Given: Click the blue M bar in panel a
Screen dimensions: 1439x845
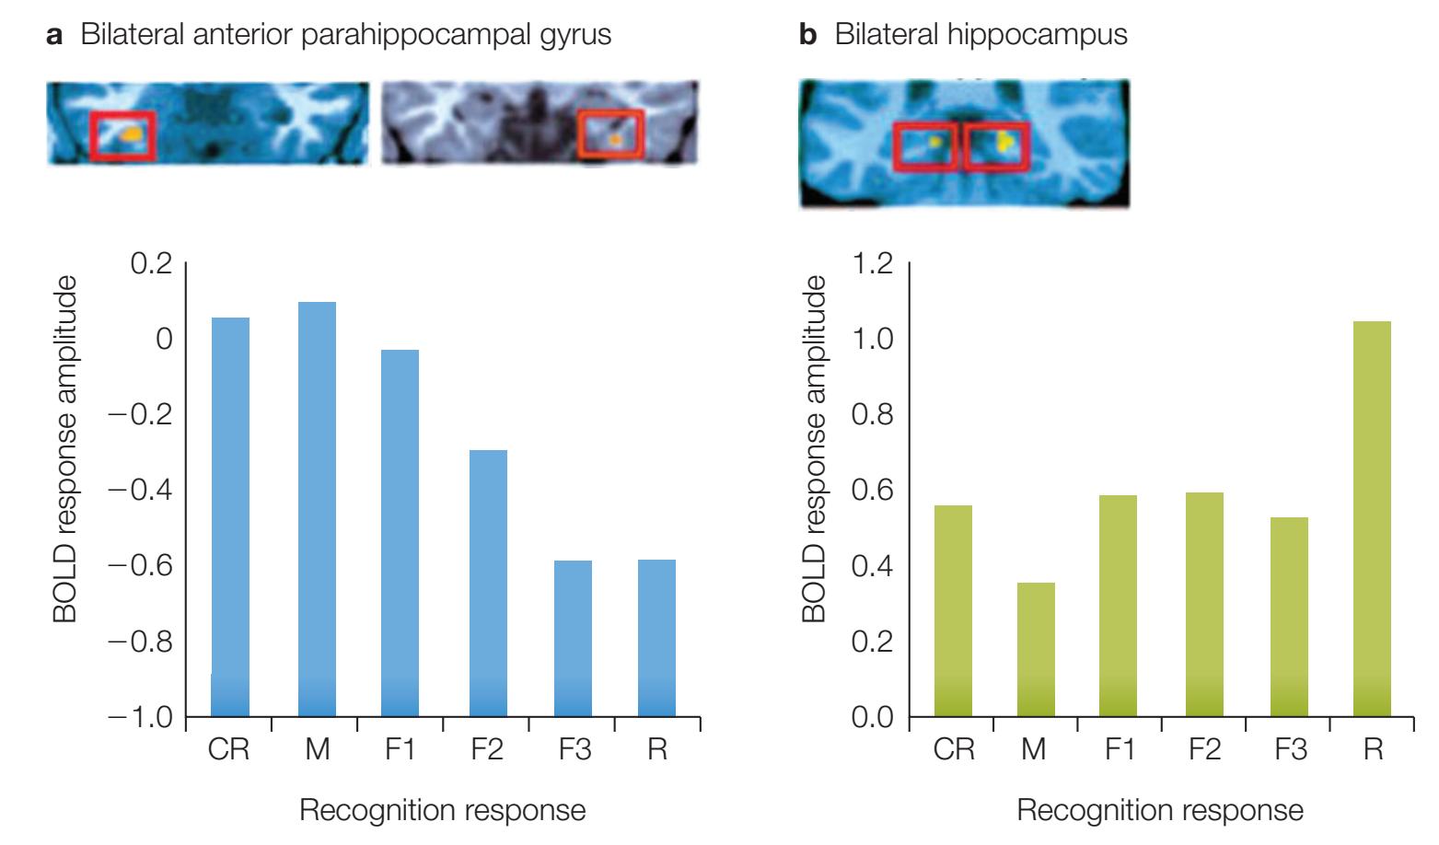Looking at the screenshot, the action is tap(317, 509).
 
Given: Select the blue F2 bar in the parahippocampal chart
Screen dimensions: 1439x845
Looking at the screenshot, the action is tap(488, 583).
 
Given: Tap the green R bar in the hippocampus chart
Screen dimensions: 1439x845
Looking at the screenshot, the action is tap(1372, 519).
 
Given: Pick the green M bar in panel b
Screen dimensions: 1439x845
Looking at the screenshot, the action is tap(1036, 649).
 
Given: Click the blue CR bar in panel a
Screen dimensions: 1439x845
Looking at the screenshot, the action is tap(230, 517).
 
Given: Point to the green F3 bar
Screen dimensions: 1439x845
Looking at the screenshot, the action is tap(1289, 617).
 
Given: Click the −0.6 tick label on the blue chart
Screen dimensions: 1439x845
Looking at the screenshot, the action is tap(141, 566).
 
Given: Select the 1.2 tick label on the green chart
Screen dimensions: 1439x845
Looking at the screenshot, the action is tap(873, 263).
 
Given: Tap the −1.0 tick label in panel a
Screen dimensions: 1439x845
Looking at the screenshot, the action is tap(141, 717).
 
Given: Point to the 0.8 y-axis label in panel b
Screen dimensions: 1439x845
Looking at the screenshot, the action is tap(873, 415).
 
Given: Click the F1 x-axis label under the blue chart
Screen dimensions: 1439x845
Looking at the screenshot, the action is tap(400, 749).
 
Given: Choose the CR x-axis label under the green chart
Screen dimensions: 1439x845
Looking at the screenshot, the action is tap(954, 749).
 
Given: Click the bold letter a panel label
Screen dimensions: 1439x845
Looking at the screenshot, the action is tap(54, 35).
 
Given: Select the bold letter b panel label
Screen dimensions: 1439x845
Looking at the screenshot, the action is tap(807, 33).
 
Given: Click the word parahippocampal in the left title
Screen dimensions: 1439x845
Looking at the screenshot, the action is tap(415, 35).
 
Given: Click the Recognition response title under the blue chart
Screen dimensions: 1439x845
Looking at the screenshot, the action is tap(443, 810).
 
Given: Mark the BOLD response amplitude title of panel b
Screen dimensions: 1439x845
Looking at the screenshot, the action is tap(814, 449).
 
